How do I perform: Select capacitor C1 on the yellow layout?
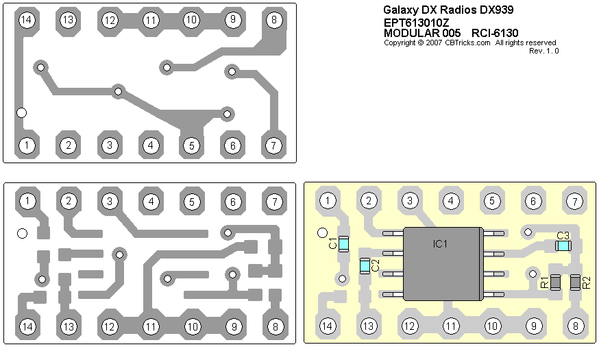(344, 242)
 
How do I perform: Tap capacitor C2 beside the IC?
(365, 265)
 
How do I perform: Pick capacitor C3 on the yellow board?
(563, 245)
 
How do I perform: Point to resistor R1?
(556, 282)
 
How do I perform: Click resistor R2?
(575, 282)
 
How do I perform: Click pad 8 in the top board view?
(273, 20)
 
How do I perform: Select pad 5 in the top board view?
(191, 145)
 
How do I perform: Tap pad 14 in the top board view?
(27, 20)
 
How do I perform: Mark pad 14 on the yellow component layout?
(328, 326)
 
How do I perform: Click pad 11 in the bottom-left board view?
(151, 326)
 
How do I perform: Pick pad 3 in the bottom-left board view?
(109, 201)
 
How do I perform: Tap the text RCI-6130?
(495, 32)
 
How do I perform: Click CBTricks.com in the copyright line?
(467, 42)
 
